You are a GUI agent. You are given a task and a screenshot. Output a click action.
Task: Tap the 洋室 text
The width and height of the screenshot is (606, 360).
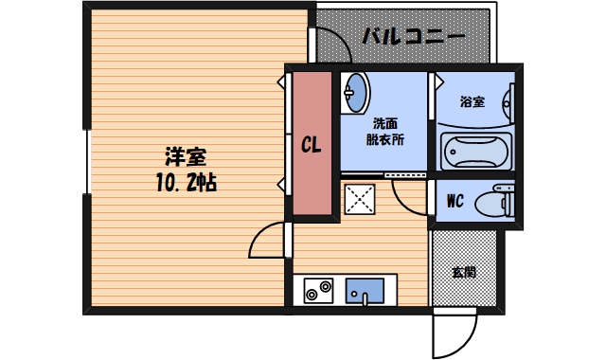click(x=187, y=156)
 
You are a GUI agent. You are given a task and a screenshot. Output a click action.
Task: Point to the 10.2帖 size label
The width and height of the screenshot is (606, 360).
click(x=187, y=182)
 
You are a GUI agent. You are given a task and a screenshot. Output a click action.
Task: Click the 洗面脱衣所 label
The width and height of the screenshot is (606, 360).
click(x=384, y=131)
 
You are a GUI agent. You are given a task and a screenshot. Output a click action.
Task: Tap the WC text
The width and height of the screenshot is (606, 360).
click(x=453, y=201)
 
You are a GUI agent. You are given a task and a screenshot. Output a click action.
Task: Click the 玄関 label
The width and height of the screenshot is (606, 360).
click(x=463, y=272)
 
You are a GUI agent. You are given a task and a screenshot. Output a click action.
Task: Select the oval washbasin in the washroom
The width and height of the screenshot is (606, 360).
click(x=357, y=92)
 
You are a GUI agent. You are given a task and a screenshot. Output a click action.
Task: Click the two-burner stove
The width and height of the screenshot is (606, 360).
click(x=317, y=290)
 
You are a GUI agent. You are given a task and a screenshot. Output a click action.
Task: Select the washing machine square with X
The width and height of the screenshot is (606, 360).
click(x=360, y=199)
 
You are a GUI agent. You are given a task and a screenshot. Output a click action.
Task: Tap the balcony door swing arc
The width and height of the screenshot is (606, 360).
click(x=331, y=45)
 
